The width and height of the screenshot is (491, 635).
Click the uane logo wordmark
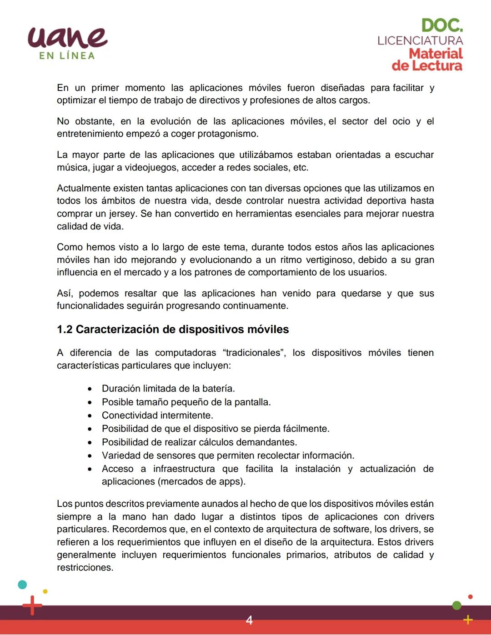(x=67, y=37)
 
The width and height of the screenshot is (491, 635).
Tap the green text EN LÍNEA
(x=67, y=56)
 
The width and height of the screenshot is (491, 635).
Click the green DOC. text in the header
(x=441, y=25)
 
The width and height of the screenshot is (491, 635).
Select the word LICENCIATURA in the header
(x=420, y=40)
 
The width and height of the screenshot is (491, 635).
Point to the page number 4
(x=249, y=620)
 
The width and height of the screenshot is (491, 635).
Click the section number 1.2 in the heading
(x=65, y=330)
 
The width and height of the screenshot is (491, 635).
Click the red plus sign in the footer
(x=32, y=605)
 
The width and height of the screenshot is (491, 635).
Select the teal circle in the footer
(x=22, y=585)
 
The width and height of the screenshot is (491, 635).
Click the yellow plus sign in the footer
(x=468, y=620)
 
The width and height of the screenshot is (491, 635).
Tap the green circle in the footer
(x=457, y=605)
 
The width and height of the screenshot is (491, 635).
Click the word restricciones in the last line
(x=85, y=568)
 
